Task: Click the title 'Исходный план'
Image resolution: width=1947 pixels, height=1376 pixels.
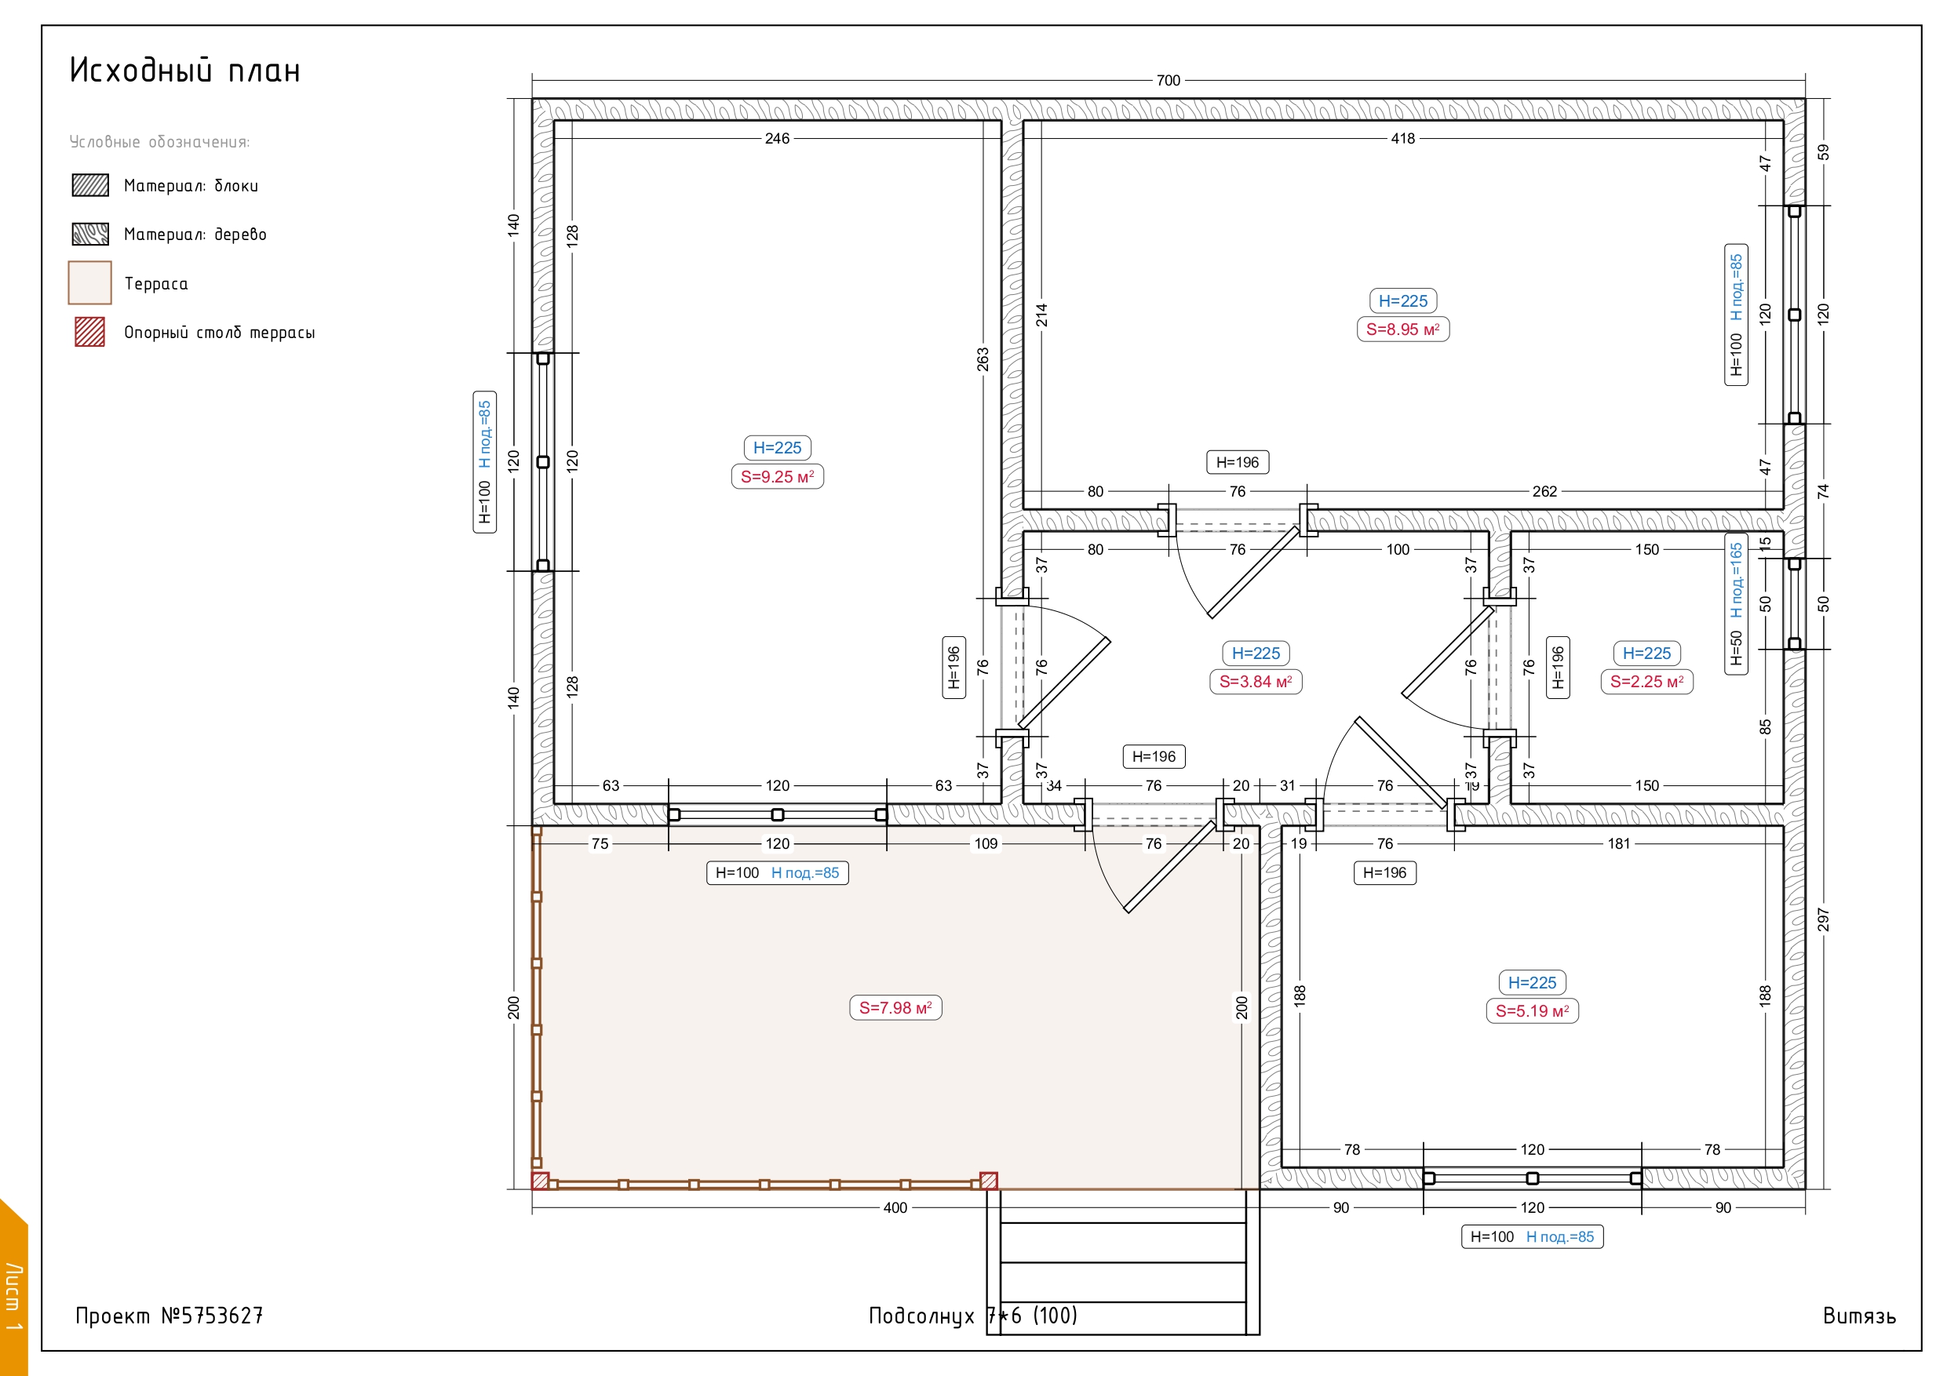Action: point(185,70)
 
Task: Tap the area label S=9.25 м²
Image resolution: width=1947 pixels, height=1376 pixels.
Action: point(777,476)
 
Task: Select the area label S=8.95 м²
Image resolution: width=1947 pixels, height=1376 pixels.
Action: point(1402,329)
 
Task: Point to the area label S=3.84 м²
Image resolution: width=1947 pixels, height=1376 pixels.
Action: point(1255,682)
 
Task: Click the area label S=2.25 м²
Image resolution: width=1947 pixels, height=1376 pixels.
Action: point(1646,682)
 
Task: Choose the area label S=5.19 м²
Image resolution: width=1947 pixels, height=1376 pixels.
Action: point(1532,1010)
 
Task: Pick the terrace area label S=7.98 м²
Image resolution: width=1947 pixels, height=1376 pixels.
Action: point(895,1007)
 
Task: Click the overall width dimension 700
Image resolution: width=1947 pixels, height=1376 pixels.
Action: point(1168,81)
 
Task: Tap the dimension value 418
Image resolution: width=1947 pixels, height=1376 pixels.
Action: point(1402,138)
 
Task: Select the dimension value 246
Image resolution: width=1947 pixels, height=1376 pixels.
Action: point(777,138)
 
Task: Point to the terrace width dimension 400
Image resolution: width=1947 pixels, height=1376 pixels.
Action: point(895,1207)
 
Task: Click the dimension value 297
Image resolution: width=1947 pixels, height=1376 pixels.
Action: point(1823,920)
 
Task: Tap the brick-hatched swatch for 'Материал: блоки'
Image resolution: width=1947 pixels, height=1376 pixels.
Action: point(90,185)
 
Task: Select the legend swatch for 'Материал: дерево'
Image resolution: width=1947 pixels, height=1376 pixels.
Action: point(90,233)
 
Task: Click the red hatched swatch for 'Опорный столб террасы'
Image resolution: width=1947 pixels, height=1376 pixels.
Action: point(90,332)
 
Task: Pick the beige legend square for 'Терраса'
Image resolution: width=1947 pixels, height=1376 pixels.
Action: point(90,282)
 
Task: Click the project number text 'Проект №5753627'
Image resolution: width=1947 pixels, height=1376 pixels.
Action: point(169,1315)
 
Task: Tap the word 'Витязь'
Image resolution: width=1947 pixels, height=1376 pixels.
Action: point(1859,1316)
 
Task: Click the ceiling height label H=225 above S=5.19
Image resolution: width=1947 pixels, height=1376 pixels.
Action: point(1532,983)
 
